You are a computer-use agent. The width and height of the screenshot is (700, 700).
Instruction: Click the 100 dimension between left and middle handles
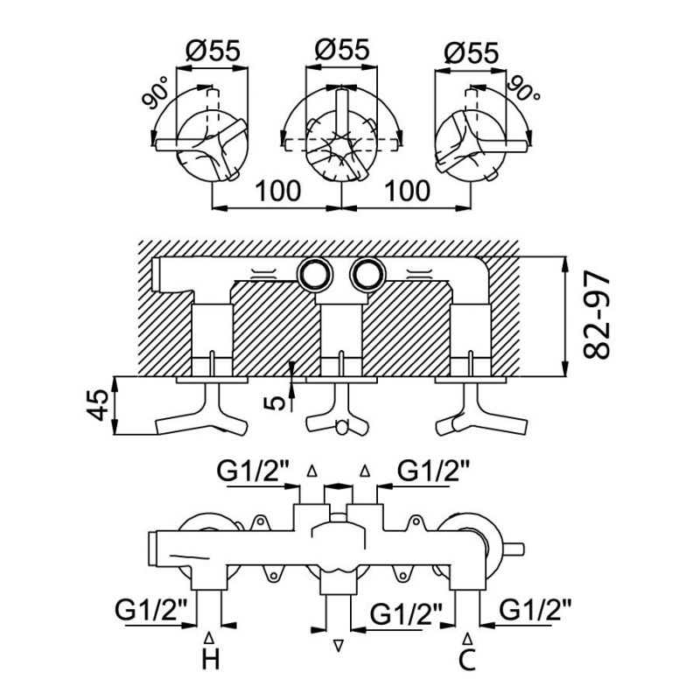click(277, 189)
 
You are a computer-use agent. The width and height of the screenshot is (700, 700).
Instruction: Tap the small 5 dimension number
click(278, 402)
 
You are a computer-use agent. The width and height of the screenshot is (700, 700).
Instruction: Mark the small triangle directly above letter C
click(470, 636)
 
